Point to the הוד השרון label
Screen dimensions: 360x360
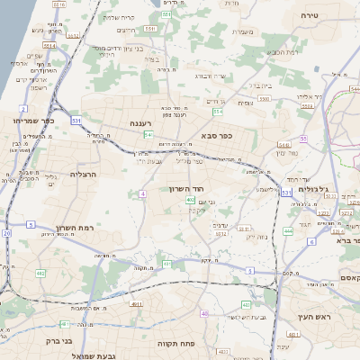pyautogui.click(x=188, y=189)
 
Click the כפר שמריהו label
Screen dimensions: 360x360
pyautogui.click(x=33, y=120)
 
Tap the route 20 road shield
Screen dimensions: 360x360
pyautogui.click(x=6, y=233)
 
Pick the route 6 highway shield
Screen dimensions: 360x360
pyautogui.click(x=311, y=241)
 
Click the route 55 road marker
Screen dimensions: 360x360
pyautogui.click(x=304, y=139)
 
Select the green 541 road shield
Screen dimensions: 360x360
pyautogui.click(x=147, y=134)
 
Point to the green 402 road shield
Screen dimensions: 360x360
pyautogui.click(x=190, y=200)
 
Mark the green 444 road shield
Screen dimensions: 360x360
pyautogui.click(x=288, y=231)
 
